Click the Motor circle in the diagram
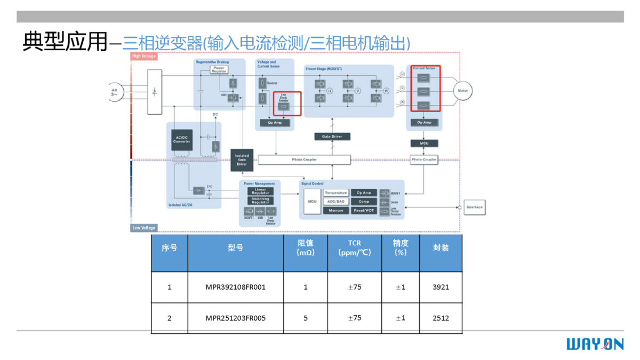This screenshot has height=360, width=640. (462, 91)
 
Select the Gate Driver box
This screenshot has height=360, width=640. (332, 137)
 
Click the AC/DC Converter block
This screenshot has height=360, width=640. (182, 139)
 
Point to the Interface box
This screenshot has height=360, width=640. (474, 207)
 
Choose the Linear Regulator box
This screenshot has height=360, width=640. (260, 191)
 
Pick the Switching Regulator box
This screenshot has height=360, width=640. (260, 201)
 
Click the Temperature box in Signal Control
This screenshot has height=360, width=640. (336, 193)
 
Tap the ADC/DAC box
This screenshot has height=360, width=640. (336, 202)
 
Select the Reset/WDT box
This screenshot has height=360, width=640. (364, 211)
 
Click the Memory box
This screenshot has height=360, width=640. (336, 211)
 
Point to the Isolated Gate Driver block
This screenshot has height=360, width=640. (242, 160)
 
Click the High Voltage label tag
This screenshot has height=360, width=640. (144, 56)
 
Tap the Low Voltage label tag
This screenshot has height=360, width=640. (144, 228)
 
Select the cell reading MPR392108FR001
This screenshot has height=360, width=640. (235, 287)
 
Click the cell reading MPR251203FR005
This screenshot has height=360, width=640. (235, 318)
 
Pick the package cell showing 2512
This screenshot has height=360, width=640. (441, 318)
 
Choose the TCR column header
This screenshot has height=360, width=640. (355, 248)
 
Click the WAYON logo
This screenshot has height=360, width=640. (595, 344)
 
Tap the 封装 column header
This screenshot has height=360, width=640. (441, 248)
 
